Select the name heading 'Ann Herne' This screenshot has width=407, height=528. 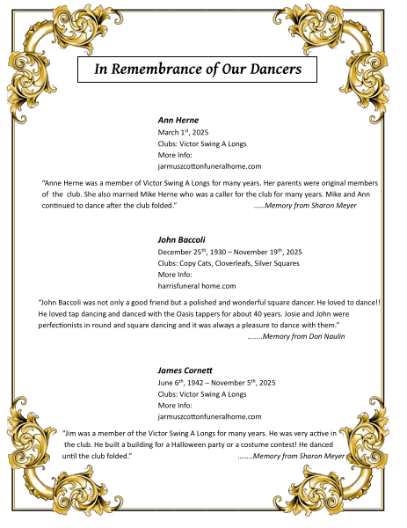178,119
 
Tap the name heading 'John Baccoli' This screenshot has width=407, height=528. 181,238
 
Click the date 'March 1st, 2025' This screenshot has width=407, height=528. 183,131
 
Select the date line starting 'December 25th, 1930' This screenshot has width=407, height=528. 229,251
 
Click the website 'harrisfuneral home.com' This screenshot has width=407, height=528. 197,285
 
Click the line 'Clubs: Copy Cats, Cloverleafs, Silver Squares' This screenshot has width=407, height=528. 229,262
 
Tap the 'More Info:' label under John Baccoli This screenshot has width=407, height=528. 175,274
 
